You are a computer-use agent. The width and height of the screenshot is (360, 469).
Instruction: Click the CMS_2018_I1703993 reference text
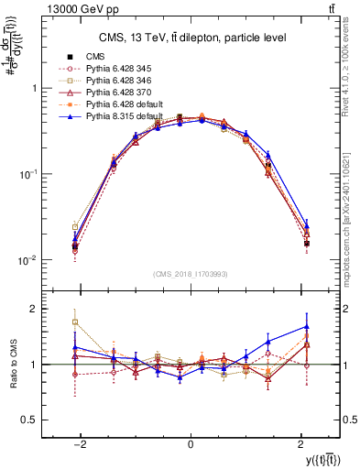tap(190, 274)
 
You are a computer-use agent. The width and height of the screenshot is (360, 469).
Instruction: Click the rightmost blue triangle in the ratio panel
tap(307, 326)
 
